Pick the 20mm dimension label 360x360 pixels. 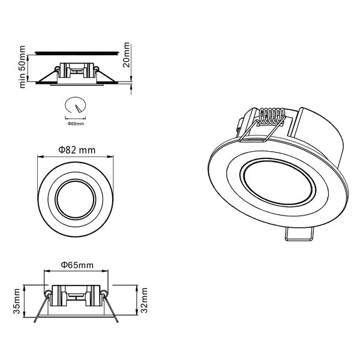[126, 56]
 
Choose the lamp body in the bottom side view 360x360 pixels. [76, 298]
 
